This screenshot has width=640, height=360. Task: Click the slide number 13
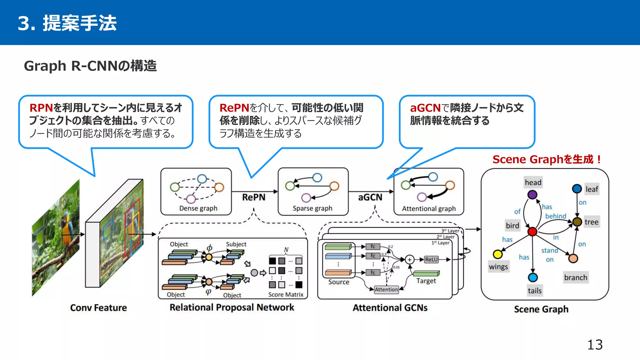point(595,345)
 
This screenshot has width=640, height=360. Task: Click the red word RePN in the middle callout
point(234,108)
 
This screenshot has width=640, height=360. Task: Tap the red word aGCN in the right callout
point(425,108)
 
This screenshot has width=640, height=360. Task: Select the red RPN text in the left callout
point(41,108)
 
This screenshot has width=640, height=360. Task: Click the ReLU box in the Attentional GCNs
point(431,259)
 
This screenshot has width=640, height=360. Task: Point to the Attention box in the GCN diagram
point(386,289)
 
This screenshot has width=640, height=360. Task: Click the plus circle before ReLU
point(409,260)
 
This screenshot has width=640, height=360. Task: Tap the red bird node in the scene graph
point(532,232)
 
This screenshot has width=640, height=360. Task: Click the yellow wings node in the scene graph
point(497,254)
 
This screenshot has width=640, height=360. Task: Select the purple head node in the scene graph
point(532,195)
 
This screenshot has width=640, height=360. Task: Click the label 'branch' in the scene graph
point(576,277)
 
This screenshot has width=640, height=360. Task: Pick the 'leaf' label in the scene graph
point(592,189)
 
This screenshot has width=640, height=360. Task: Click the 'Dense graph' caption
point(198,208)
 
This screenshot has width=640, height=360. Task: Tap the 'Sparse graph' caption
point(312,208)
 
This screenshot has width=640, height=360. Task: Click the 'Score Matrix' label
point(286,294)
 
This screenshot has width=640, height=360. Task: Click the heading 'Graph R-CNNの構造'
point(90,66)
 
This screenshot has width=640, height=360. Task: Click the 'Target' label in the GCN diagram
point(426,281)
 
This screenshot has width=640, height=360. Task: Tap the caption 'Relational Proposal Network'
point(232,307)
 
